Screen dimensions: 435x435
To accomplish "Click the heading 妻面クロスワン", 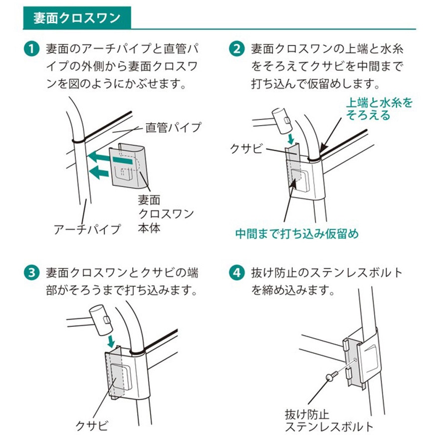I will click(76, 18).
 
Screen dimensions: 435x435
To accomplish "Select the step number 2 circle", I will click(236, 50).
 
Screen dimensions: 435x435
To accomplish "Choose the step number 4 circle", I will click(236, 273).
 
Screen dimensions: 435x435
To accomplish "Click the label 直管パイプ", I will click(173, 127).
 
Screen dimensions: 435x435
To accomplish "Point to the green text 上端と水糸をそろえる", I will click(379, 109).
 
